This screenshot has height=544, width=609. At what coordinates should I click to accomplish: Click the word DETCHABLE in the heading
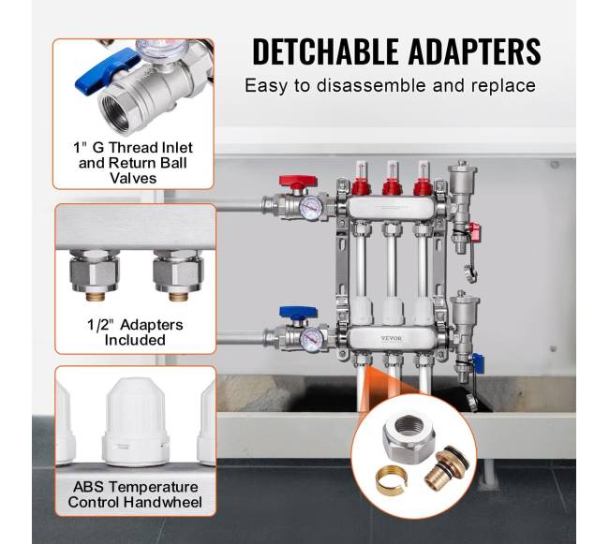pos(325,51)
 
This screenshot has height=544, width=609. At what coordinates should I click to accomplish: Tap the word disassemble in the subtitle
pos(371,85)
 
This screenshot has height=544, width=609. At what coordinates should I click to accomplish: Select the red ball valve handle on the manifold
pos(298,182)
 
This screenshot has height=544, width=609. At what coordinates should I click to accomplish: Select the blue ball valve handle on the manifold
pos(298,313)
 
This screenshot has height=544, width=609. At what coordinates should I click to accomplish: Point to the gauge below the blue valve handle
pos(312,340)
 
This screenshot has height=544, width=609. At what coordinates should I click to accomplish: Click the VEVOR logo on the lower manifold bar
pos(391,338)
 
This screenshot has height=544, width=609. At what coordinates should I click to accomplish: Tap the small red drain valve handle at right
pos(474,231)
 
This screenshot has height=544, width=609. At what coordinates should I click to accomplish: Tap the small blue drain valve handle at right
pos(477,362)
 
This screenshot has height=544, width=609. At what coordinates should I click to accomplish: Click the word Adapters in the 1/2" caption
pos(152,325)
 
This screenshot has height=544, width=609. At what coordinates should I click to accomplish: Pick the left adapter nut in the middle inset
pos(95,272)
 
